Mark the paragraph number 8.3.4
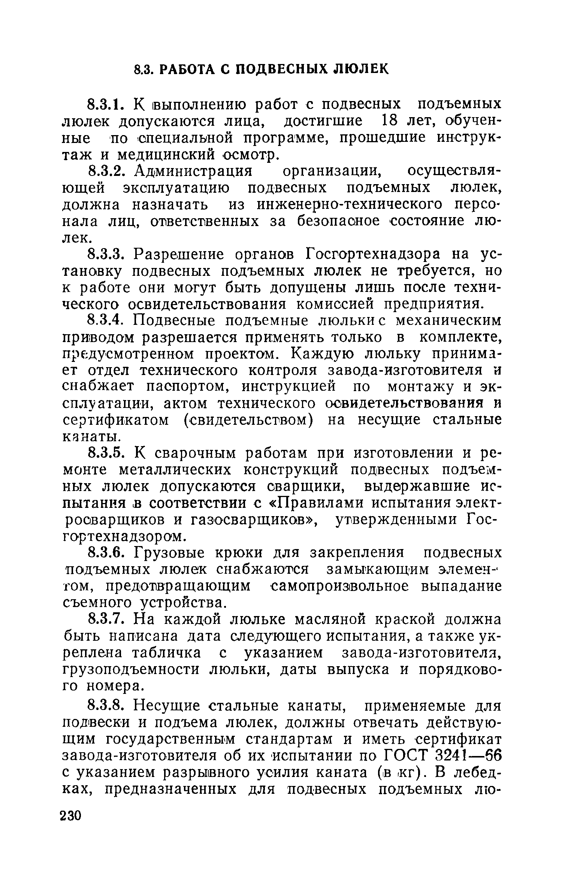point(105,321)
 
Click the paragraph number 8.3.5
point(105,453)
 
